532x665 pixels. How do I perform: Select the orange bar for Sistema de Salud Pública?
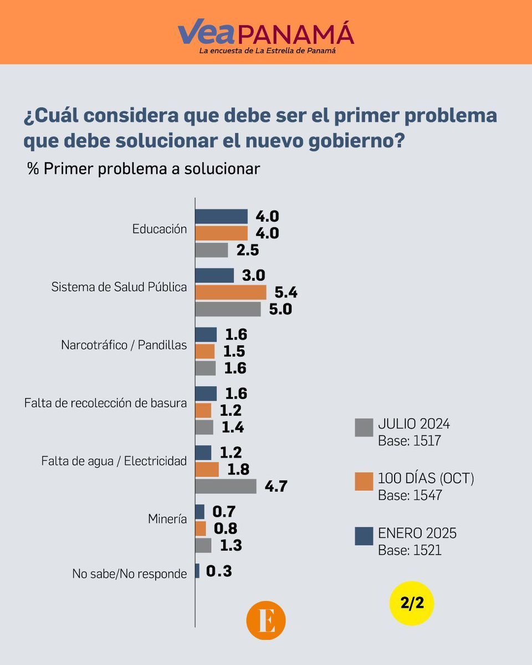click(231, 292)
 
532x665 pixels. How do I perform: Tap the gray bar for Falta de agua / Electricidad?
click(226, 486)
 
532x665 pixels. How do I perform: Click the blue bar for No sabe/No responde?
click(197, 571)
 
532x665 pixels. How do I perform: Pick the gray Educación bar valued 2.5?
click(212, 250)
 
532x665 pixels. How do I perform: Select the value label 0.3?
click(219, 571)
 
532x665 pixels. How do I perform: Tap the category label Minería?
click(167, 519)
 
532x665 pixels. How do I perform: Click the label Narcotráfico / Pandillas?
click(124, 345)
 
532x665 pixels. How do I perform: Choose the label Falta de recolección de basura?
click(105, 403)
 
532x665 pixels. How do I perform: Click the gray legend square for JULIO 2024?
click(364, 428)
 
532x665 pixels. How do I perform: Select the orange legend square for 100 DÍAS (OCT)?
click(364, 481)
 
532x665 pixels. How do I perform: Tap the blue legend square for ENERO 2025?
click(364, 536)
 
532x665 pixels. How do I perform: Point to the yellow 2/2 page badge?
click(411, 603)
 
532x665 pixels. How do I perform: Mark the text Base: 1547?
click(410, 495)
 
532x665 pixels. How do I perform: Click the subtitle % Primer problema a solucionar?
click(144, 169)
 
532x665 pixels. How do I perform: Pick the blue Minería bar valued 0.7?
click(199, 511)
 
